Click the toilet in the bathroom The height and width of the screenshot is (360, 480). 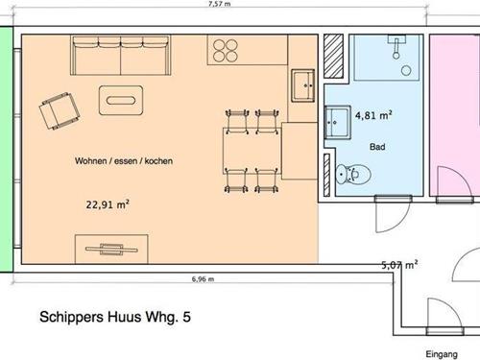tap(353, 175)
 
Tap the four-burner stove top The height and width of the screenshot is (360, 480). tap(226, 50)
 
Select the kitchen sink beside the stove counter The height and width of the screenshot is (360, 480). tap(302, 85)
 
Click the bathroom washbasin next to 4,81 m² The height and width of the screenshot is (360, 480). tap(338, 122)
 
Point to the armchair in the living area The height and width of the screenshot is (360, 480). tap(60, 110)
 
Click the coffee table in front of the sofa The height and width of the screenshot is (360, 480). tap(121, 100)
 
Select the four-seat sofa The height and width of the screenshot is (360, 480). tap(121, 56)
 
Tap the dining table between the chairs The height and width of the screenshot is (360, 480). tap(252, 151)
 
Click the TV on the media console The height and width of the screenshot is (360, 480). tap(111, 250)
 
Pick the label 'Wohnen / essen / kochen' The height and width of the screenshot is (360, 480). tap(124, 160)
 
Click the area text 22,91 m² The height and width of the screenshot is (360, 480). tap(108, 204)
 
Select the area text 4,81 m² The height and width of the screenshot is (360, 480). tap(373, 115)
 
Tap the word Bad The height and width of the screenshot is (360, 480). tap(377, 147)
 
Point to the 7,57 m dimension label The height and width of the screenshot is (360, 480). tap(220, 4)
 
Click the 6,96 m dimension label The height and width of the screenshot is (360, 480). tap(203, 279)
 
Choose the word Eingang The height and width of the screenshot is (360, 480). tap(442, 354)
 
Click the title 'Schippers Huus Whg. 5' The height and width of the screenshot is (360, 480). tap(115, 317)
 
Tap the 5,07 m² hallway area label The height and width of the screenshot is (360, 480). tap(399, 265)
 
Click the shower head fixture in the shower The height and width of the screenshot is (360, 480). tap(396, 47)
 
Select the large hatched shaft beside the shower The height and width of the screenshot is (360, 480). tap(333, 56)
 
